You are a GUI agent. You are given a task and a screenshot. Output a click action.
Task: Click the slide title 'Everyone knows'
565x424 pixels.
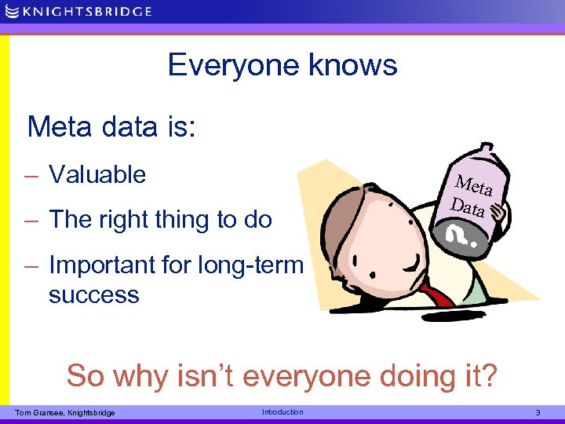[282, 65]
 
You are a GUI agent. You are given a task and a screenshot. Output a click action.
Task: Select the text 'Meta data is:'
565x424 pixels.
[111, 126]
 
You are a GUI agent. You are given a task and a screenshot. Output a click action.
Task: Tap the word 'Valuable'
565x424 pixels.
[97, 174]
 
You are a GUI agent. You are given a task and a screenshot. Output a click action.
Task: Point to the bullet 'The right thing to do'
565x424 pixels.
[160, 220]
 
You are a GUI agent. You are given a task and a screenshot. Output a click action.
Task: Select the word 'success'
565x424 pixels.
[93, 295]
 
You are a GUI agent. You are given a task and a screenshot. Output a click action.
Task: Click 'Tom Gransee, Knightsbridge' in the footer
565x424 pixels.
[65, 413]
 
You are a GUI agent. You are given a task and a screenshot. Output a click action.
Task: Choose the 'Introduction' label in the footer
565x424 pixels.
[282, 412]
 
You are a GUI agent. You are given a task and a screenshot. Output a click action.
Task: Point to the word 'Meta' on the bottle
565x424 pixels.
[474, 186]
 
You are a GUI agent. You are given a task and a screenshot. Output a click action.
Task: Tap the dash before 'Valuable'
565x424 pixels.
[33, 176]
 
